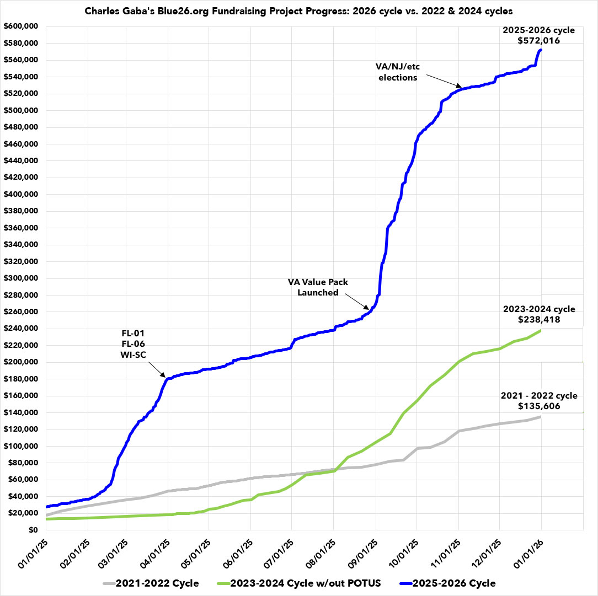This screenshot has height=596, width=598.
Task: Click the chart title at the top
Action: point(298,10)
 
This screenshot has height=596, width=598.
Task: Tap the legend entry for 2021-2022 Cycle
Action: point(150,582)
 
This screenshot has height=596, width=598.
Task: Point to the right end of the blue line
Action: point(541,50)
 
